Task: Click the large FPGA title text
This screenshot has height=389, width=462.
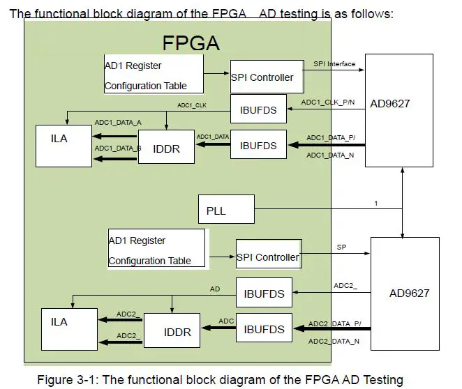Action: [191, 43]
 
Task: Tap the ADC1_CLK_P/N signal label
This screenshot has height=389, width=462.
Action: [327, 102]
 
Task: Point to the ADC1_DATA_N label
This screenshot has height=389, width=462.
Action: [330, 155]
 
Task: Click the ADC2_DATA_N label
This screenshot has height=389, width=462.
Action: [334, 341]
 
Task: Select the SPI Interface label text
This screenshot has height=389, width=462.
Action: [334, 64]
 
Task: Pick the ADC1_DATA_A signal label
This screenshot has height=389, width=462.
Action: [118, 122]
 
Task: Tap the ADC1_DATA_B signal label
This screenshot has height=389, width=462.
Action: [118, 148]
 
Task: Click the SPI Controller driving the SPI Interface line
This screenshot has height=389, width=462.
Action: [267, 77]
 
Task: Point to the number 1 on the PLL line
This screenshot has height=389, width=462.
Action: [375, 204]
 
